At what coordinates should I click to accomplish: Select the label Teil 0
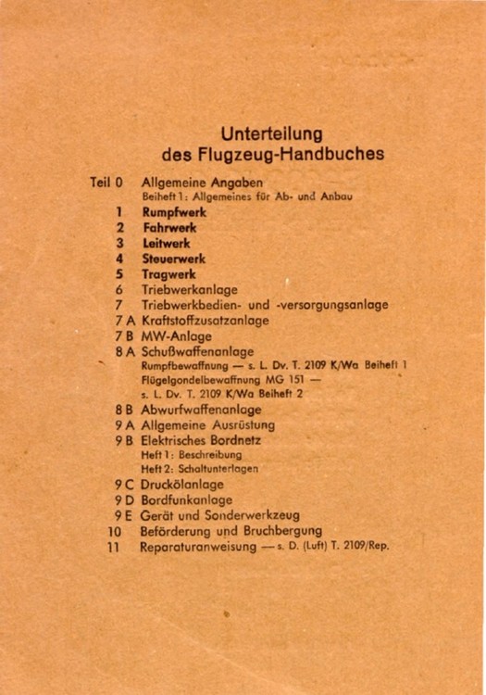106,183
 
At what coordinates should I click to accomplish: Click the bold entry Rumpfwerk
174,212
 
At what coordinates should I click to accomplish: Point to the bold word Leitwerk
166,243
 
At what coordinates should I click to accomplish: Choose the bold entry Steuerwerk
173,259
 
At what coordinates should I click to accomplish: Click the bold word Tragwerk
168,274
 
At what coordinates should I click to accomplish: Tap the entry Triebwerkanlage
189,290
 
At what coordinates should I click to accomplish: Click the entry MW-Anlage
176,336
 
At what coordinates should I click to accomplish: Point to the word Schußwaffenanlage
197,352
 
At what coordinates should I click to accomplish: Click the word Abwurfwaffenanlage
201,410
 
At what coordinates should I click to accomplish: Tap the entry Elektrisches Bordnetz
201,440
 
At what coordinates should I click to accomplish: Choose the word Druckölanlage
181,485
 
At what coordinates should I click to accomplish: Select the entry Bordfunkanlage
186,500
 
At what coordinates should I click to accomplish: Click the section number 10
115,532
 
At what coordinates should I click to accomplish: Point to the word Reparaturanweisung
193,547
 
